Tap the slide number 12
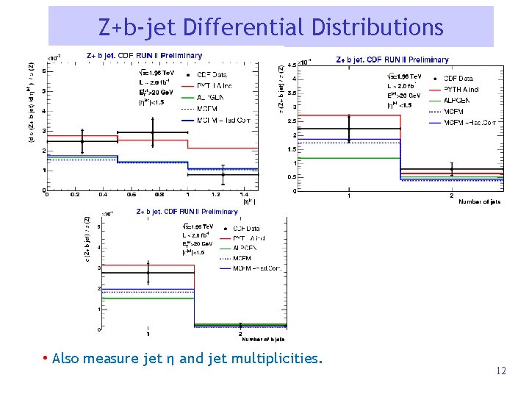[500, 371]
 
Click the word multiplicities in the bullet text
[278, 359]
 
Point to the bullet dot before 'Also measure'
[46, 359]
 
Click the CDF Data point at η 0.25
[82, 141]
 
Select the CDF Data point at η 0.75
[153, 133]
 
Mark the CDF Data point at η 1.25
[223, 174]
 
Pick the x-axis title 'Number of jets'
[480, 202]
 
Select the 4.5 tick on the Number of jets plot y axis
[292, 65]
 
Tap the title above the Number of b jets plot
[187, 212]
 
